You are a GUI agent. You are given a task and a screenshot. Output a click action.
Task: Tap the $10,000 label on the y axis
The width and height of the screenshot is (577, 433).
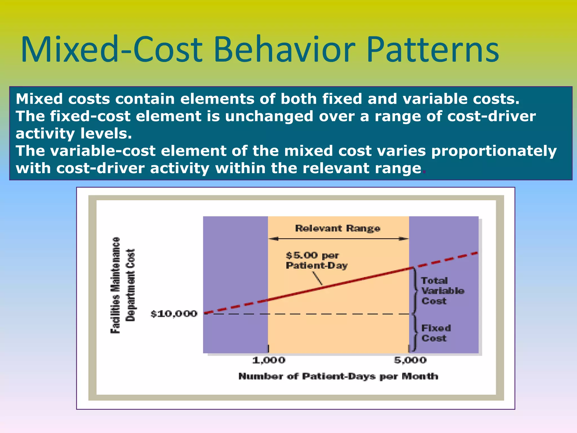pos(174,314)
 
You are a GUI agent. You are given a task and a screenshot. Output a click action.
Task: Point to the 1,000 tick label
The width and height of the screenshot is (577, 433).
pos(268,360)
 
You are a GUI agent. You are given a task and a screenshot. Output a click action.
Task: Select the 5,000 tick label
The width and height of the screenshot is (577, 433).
pos(410,360)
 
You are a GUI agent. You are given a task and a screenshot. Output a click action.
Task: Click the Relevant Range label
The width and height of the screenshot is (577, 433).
pos(338,228)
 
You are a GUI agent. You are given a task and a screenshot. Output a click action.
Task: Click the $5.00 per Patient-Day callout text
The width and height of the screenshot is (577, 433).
pos(316,260)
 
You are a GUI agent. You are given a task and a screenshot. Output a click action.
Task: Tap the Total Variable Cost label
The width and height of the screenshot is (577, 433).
pos(442,291)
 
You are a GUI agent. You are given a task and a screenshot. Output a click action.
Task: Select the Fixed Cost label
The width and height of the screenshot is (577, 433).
pos(436,333)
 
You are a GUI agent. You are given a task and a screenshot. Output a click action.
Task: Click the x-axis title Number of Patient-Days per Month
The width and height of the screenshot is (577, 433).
pos(338,376)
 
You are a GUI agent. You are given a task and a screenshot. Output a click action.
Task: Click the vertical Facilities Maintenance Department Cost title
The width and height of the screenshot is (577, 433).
pos(123,285)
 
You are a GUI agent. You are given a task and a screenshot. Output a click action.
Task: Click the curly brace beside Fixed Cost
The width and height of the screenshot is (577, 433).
pos(414,333)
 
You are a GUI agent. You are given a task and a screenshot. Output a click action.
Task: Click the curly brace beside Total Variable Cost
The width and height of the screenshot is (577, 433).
pos(415,291)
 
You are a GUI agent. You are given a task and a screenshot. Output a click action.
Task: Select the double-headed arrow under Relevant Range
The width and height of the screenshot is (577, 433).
pos(338,239)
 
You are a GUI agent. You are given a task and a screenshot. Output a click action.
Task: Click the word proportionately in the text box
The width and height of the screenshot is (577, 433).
pos(494,151)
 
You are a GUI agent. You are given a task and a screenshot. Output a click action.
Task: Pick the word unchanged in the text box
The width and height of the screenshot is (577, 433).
pos(269,116)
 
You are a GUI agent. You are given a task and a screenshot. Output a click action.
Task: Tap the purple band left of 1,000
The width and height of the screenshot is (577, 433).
pos(235,268)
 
